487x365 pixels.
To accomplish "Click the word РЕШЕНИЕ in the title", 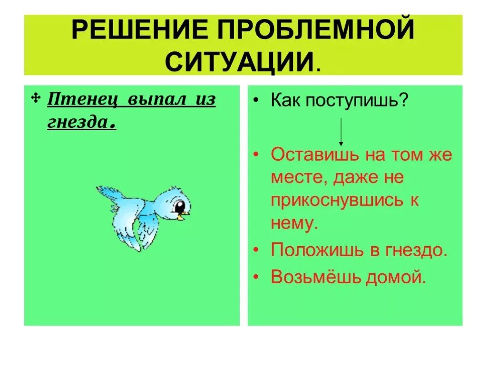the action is (140, 30).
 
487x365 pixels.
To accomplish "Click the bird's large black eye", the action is (179, 206).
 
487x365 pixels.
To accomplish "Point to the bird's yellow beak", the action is (184, 215).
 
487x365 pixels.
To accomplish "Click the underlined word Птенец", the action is (84, 100).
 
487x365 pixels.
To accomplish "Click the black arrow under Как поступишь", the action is (341, 132).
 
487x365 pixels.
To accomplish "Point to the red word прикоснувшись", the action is (337, 201).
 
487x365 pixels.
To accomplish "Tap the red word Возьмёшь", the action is (316, 277).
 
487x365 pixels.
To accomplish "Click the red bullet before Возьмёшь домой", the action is (256, 277).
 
